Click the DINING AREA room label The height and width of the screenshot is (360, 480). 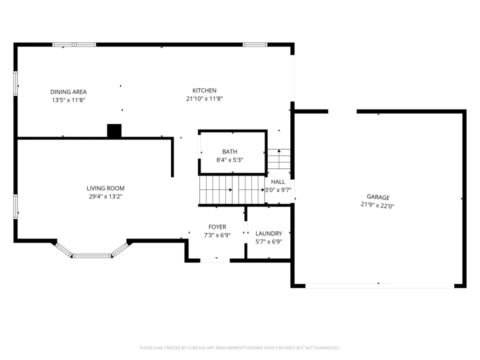coord(68,92)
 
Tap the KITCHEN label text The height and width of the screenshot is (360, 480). coord(204,90)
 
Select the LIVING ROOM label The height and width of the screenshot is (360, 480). coord(105,188)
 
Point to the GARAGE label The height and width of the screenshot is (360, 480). coord(378,197)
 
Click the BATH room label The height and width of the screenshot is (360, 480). coord(230,151)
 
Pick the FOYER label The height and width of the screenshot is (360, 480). coord(217,227)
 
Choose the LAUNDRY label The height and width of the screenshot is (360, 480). coord(269,233)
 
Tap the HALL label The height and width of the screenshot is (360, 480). coord(278,182)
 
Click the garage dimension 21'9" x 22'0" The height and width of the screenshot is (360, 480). coord(377,205)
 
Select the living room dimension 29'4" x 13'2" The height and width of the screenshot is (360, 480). coord(105,196)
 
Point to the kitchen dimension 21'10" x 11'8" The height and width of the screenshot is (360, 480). coord(204,98)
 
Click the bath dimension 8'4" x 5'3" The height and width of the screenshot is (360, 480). coord(230,160)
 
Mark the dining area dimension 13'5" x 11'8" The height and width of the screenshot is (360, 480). coord(68,100)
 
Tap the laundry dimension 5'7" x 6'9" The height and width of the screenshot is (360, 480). coord(269,241)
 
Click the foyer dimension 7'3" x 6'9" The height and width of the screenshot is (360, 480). coord(217,235)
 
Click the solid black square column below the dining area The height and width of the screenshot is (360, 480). coord(114,130)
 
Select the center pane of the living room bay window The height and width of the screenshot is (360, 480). coord(91,255)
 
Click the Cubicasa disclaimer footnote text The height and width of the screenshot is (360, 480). coord(239,348)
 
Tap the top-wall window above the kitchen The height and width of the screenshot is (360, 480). coord(255,44)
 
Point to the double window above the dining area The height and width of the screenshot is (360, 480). coord(74,44)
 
